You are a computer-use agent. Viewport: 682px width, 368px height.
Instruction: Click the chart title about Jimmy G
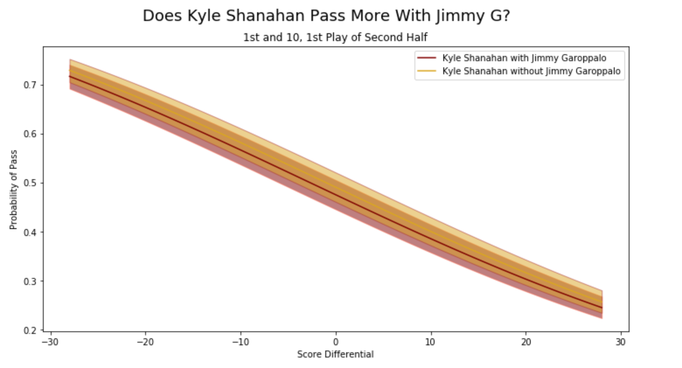[x=326, y=16]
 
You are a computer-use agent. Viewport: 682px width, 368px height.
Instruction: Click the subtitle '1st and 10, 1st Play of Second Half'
[x=335, y=38]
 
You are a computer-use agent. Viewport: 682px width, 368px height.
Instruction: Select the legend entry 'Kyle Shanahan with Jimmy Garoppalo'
[x=524, y=58]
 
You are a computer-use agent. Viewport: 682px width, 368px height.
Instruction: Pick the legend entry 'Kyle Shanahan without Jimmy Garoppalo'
[x=531, y=71]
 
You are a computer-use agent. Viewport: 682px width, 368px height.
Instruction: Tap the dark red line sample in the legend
[x=427, y=58]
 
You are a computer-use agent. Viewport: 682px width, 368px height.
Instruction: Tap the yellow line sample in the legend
[x=427, y=71]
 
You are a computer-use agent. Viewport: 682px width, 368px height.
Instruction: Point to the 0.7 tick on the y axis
[x=30, y=85]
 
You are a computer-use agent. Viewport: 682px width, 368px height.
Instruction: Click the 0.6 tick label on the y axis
[x=30, y=134]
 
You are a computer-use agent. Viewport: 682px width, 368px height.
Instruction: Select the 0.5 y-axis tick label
[x=30, y=183]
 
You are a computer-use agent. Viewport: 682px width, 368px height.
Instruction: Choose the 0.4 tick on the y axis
[x=30, y=232]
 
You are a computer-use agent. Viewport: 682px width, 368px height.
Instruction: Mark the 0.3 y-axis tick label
[x=30, y=281]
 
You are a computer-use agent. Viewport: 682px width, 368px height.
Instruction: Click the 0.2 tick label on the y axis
[x=30, y=330]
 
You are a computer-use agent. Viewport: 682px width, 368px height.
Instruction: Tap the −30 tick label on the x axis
[x=50, y=342]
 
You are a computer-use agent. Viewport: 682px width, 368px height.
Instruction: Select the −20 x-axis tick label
[x=145, y=342]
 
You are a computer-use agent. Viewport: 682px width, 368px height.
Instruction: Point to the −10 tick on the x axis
[x=240, y=342]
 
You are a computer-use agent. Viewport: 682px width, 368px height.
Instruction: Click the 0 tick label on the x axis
[x=336, y=342]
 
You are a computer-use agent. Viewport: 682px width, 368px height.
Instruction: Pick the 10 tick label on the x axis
[x=431, y=342]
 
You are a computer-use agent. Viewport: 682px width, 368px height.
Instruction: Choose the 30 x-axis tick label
[x=621, y=342]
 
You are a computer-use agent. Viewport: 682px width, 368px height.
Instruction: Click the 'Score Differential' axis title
[x=335, y=354]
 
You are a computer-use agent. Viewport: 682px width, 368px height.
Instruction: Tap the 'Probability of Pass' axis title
[x=14, y=190]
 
